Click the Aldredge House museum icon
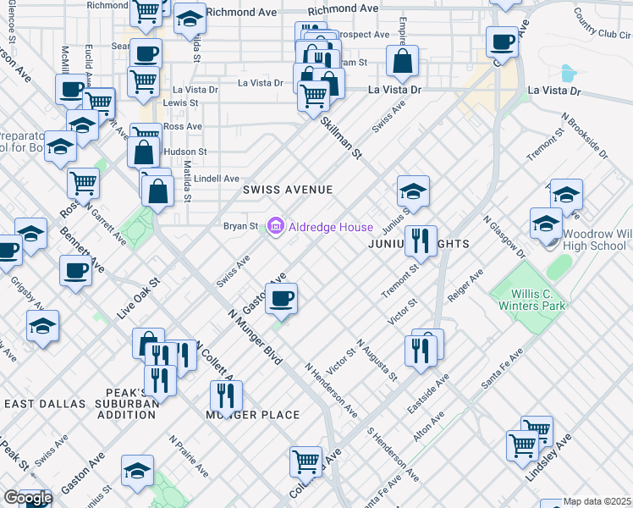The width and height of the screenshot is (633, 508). (x=275, y=227)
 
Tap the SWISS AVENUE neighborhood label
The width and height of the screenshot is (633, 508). (x=288, y=190)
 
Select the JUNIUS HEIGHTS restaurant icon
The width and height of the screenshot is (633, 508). (x=420, y=241)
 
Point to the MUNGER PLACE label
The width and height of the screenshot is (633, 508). (x=253, y=415)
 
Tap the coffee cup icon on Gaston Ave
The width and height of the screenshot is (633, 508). (x=282, y=298)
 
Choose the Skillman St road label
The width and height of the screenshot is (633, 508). (x=341, y=138)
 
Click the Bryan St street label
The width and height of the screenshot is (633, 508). (x=240, y=227)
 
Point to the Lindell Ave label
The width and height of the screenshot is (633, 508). (x=217, y=179)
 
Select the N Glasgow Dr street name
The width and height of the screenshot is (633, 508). (x=504, y=238)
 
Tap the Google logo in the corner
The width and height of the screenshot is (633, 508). (x=27, y=498)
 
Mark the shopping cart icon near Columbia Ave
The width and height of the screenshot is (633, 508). (x=305, y=462)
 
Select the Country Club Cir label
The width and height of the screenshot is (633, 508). (x=603, y=24)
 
